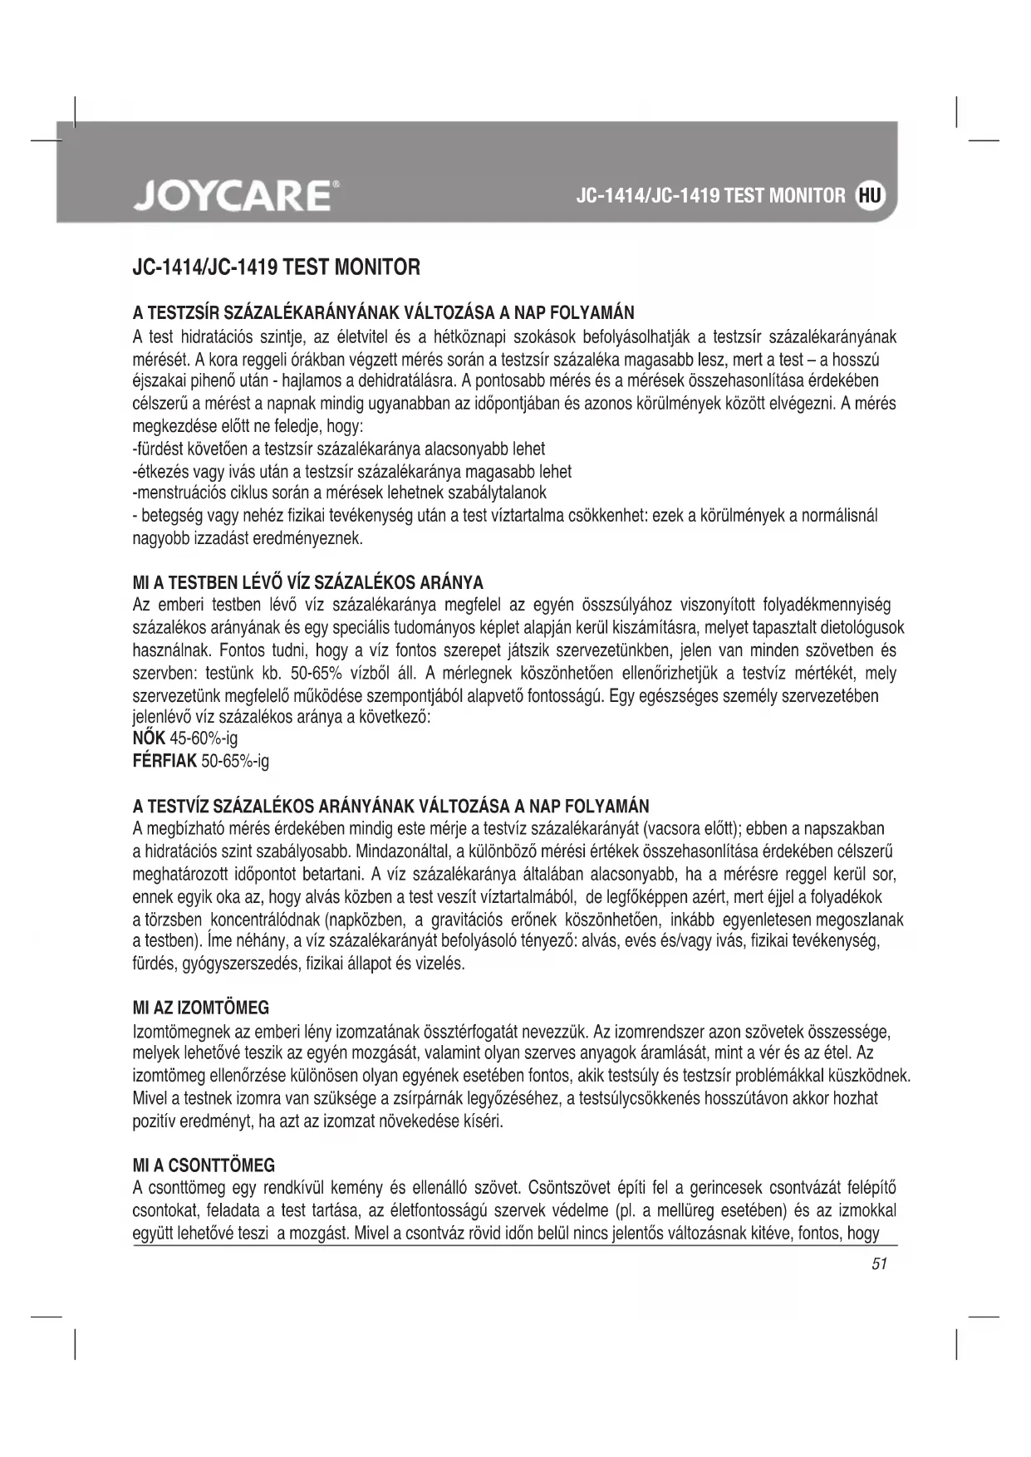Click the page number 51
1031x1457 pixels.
click(x=880, y=1264)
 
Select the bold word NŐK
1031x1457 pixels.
click(x=150, y=738)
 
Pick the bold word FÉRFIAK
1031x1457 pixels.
click(x=165, y=761)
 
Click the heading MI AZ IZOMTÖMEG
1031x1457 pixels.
click(x=201, y=1008)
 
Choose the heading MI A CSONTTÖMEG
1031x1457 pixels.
click(x=204, y=1165)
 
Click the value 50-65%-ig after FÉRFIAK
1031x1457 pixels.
click(x=235, y=761)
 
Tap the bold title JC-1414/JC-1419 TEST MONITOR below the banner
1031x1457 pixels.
click(x=277, y=268)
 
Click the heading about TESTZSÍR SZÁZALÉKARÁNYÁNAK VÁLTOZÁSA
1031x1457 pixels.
click(x=383, y=313)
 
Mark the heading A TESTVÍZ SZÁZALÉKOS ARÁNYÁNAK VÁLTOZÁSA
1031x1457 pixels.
click(x=391, y=807)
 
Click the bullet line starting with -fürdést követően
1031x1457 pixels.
click(x=339, y=449)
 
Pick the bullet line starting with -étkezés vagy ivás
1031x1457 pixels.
click(x=352, y=472)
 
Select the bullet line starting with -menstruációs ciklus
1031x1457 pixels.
click(x=340, y=493)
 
